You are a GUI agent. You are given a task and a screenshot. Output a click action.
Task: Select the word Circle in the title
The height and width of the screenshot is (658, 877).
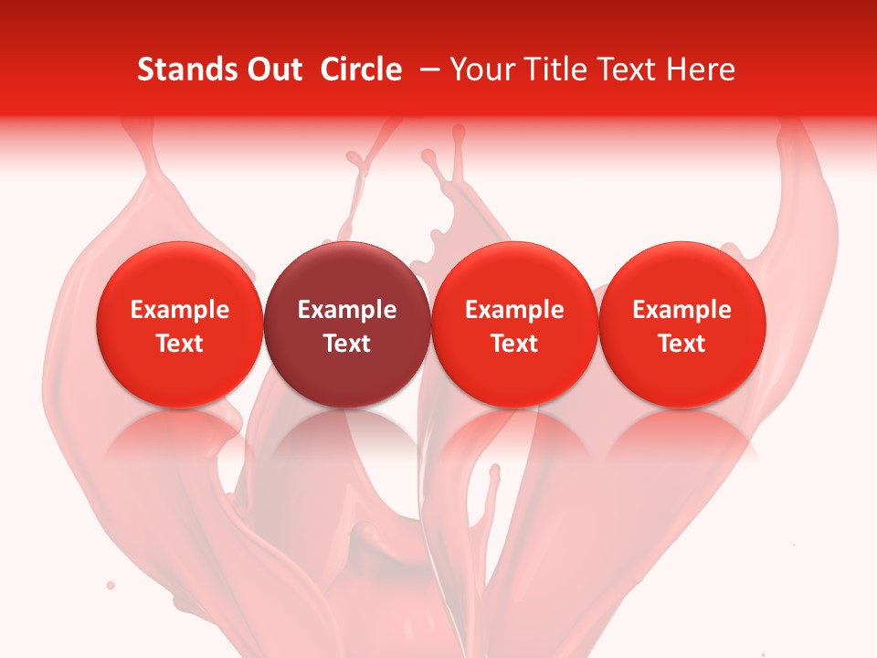tap(361, 69)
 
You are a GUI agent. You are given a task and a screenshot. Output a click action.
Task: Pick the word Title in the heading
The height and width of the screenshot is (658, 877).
tap(550, 69)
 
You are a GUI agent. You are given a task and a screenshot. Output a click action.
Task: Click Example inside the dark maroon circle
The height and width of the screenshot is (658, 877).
tap(347, 310)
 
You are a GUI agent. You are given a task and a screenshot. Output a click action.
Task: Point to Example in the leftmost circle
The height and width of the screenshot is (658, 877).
tap(180, 310)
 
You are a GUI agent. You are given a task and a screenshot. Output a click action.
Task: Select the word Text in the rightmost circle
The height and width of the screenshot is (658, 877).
tap(682, 344)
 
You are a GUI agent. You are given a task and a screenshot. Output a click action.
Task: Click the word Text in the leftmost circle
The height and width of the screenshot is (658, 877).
tap(180, 344)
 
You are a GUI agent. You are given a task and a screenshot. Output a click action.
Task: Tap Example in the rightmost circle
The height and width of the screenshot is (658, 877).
tap(682, 310)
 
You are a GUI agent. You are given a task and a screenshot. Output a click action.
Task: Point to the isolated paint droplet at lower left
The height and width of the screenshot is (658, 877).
tap(111, 584)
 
